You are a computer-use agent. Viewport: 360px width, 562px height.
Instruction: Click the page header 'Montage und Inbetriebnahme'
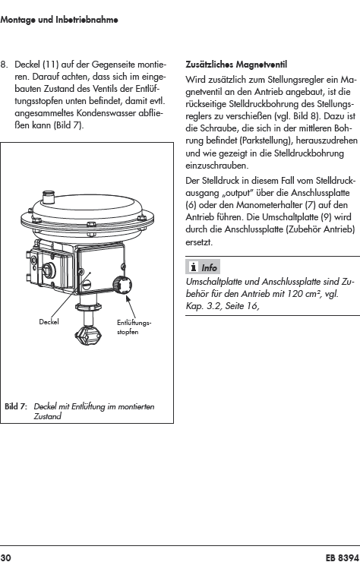(x=59, y=20)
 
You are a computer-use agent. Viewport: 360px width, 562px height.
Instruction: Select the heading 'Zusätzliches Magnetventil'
(x=236, y=65)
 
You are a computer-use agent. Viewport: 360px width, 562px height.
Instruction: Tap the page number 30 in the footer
(x=6, y=557)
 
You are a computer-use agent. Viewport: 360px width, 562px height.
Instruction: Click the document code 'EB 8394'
(x=342, y=557)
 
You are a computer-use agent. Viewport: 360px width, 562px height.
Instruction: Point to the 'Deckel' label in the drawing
(x=49, y=322)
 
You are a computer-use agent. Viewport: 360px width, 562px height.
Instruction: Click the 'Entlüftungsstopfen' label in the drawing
(x=134, y=327)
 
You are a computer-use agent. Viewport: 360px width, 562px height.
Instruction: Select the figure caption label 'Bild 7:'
(x=16, y=407)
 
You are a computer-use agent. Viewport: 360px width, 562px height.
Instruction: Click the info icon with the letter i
(x=194, y=267)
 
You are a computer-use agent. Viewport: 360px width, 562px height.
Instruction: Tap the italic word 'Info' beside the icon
(x=209, y=268)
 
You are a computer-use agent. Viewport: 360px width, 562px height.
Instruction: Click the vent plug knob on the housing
(x=122, y=286)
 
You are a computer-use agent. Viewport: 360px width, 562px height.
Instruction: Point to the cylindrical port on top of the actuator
(x=48, y=197)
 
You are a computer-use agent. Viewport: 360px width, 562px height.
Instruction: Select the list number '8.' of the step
(x=5, y=65)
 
